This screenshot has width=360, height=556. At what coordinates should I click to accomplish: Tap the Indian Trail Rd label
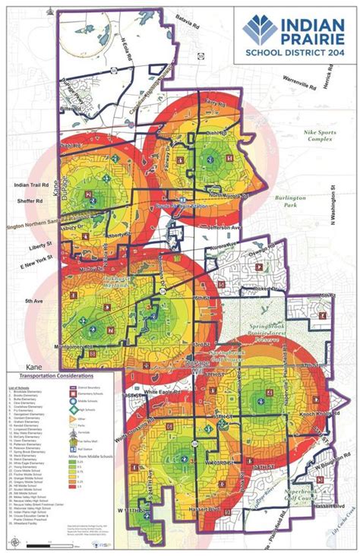click(29, 185)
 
